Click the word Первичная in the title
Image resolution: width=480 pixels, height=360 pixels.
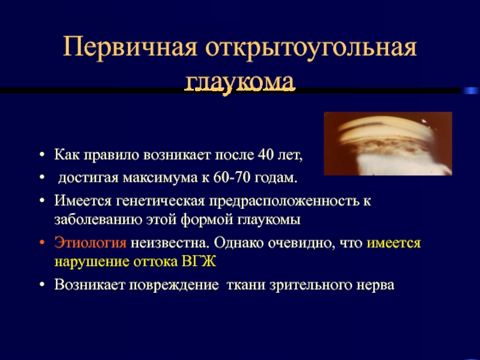tap(130, 47)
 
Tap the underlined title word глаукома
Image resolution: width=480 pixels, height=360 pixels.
tap(239, 82)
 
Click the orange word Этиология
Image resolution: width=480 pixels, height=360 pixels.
tap(91, 244)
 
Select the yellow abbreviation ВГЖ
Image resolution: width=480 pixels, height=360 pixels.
tap(199, 262)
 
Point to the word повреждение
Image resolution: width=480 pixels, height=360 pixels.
tap(173, 286)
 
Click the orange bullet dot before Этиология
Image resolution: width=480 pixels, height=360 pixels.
tap(42, 242)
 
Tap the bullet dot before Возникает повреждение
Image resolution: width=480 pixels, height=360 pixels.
tap(42, 284)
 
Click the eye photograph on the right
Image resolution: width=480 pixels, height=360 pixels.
tap(388, 143)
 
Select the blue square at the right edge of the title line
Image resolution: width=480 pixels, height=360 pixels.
tap(470, 91)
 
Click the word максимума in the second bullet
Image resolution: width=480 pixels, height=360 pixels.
tap(160, 178)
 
